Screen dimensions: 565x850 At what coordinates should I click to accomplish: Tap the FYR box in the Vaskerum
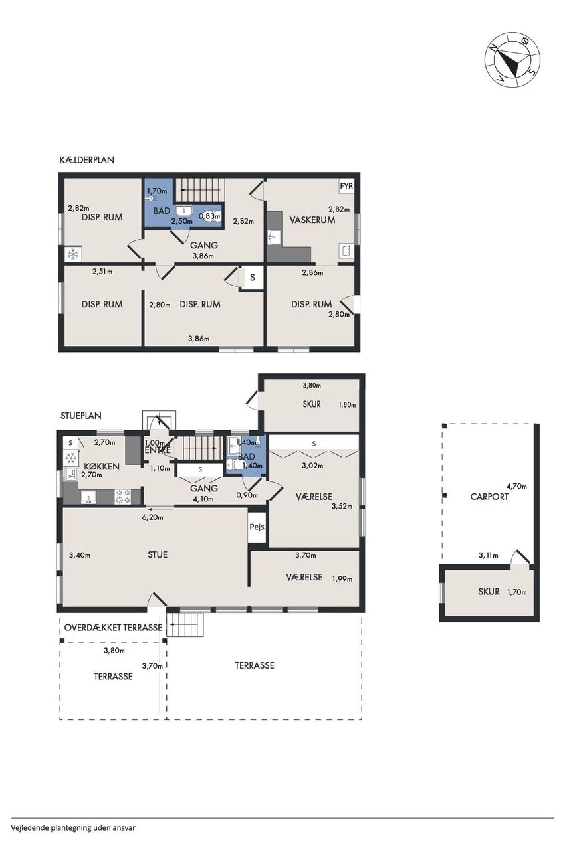coord(346,186)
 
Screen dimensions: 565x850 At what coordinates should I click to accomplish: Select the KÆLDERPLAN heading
coord(87,160)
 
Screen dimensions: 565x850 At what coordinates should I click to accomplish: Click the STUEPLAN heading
coord(81,416)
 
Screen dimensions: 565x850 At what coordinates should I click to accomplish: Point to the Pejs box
coord(257,527)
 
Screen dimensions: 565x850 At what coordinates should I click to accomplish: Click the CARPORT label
coord(489,497)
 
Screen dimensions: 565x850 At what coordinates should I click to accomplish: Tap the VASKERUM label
coord(312,220)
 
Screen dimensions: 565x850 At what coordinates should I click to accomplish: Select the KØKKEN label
coord(102,466)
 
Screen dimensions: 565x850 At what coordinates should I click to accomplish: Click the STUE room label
coord(158,554)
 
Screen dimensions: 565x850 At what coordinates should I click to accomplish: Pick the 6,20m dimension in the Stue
coord(154,517)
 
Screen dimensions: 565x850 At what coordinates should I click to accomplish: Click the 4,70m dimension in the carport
coord(516,486)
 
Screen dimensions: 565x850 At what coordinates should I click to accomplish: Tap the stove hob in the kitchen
coord(123,497)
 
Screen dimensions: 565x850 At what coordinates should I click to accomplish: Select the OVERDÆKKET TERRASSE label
coord(113,628)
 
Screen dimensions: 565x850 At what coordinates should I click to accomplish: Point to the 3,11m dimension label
coord(489,556)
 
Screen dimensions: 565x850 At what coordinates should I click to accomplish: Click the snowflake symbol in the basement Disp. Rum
coord(72,254)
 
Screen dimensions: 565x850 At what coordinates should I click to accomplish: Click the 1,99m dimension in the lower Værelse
coord(342,579)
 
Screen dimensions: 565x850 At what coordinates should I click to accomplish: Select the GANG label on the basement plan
coord(204,245)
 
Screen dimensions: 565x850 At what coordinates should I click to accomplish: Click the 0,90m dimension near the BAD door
coord(247,495)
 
